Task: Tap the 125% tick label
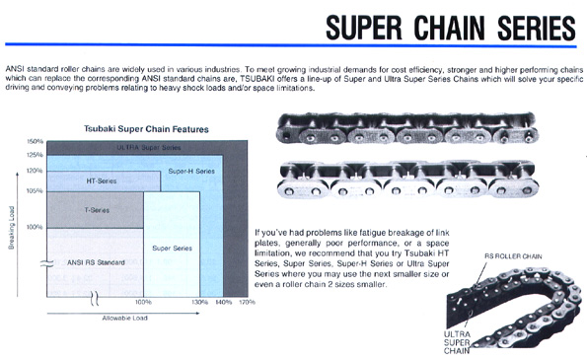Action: point(36,155)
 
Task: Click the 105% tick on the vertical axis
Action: point(36,190)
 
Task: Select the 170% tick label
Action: point(248,302)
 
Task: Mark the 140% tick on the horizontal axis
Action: point(223,302)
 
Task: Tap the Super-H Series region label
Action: point(191,172)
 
